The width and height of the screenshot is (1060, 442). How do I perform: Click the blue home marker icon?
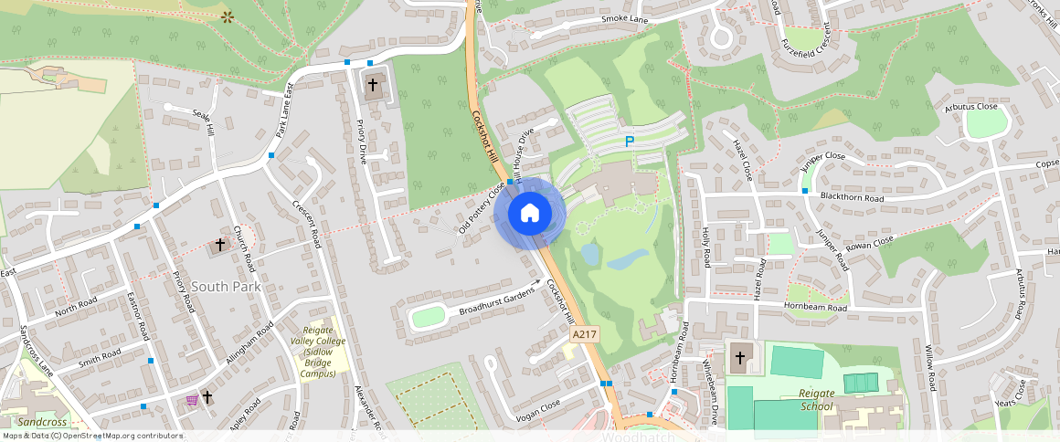[530, 214]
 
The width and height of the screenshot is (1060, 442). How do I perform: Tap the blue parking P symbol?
[629, 142]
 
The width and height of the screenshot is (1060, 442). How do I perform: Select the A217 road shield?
[586, 336]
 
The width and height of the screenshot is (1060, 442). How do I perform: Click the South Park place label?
[227, 286]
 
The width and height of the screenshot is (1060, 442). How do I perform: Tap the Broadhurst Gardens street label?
[495, 301]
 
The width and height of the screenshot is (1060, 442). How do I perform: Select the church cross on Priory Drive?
[372, 85]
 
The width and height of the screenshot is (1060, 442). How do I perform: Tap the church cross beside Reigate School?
[739, 358]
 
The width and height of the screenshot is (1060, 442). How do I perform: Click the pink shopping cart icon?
[191, 399]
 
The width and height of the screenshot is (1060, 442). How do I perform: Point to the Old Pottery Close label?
[482, 207]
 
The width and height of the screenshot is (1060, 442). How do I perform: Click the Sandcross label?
[42, 423]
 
